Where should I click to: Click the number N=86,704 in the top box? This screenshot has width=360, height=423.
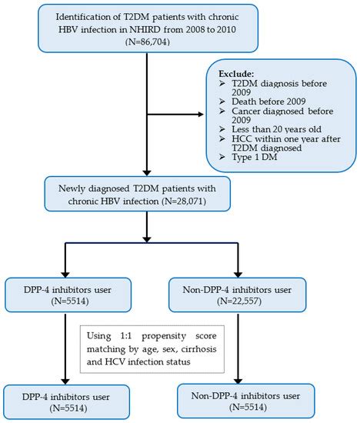tap(148, 42)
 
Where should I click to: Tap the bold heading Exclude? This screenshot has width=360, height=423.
tap(236, 74)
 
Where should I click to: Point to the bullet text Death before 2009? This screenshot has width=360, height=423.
tap(268, 102)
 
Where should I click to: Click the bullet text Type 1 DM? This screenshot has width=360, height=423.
tap(255, 157)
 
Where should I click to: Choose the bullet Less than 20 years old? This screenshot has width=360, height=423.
tap(277, 129)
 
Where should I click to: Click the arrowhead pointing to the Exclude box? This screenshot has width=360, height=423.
tap(201, 115)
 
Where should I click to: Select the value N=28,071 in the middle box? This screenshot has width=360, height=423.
tap(184, 202)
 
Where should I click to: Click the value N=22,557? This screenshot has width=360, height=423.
tap(239, 301)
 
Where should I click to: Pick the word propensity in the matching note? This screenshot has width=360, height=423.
tap(164, 336)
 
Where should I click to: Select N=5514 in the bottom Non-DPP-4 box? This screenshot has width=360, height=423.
tap(248, 407)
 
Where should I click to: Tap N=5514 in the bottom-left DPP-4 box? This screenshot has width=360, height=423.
tap(68, 408)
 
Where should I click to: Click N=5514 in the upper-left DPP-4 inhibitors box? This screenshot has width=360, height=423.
tap(70, 301)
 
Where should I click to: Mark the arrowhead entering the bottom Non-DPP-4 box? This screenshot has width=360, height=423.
tap(238, 381)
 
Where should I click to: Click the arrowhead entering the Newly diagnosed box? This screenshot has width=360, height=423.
tap(147, 172)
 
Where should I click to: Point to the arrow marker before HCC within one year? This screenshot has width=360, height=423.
tap(222, 139)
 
